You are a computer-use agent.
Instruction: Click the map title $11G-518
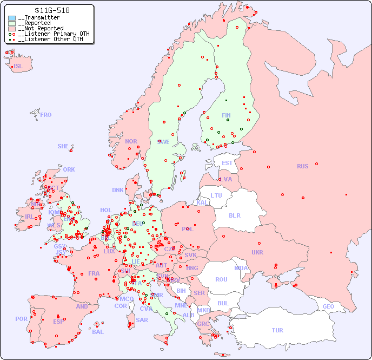pyautogui.click(x=52, y=10)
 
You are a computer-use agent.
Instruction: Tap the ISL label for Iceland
pyautogui.click(x=18, y=67)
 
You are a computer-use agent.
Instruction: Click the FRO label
pyautogui.click(x=46, y=115)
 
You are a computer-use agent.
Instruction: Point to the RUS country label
pyautogui.click(x=302, y=166)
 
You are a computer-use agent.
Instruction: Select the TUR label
pyautogui.click(x=277, y=330)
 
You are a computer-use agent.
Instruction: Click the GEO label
pyautogui.click(x=328, y=306)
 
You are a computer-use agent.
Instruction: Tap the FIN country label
pyautogui.click(x=226, y=115)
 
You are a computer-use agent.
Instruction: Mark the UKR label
pyautogui.click(x=257, y=252)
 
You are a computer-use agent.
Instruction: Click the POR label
pyautogui.click(x=21, y=319)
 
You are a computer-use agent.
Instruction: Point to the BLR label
pyautogui.click(x=234, y=215)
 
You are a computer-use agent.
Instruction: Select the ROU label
pyautogui.click(x=221, y=279)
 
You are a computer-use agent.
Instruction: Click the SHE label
pyautogui.click(x=63, y=146)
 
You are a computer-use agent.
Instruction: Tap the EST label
pyautogui.click(x=227, y=163)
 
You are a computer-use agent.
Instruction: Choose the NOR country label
pyautogui.click(x=131, y=141)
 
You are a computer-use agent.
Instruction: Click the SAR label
pyautogui.click(x=142, y=320)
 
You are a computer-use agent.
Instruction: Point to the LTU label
pyautogui.click(x=216, y=195)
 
